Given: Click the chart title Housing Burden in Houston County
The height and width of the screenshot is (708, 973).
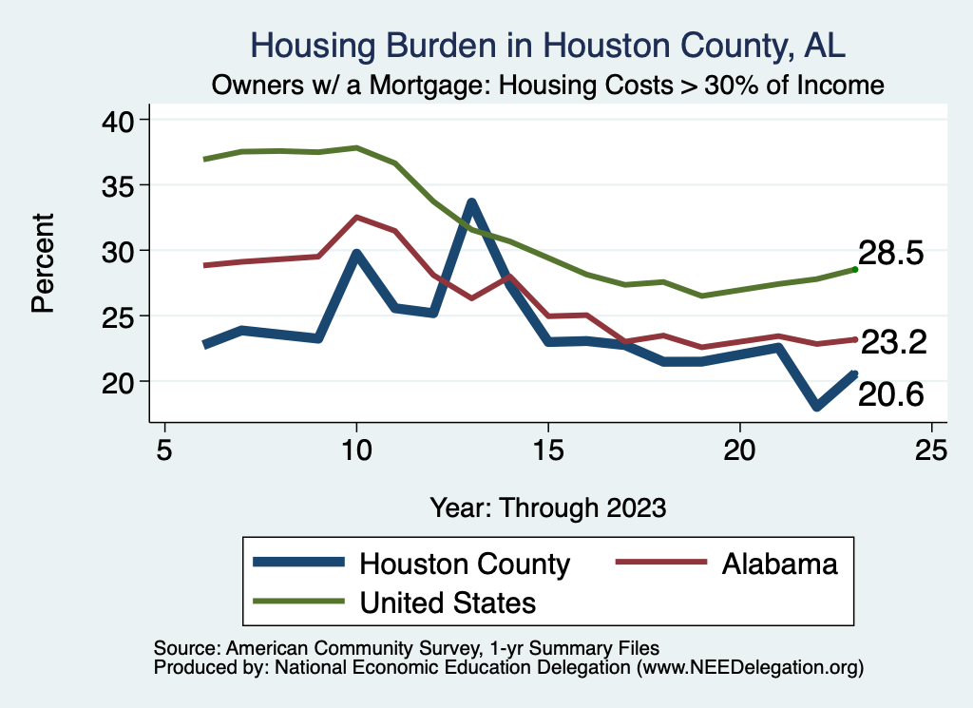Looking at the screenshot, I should pos(547,45).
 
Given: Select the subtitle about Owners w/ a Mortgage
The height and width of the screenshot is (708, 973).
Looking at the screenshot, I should pos(548,86).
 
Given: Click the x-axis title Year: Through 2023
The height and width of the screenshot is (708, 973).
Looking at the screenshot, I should pos(547,507).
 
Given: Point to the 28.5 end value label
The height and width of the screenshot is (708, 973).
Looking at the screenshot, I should pos(891,255).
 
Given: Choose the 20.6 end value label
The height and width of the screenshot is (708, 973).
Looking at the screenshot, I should pos(891,394).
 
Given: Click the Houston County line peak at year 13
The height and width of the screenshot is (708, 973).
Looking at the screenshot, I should pos(470,202).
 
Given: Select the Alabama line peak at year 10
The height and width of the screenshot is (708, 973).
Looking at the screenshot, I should pos(356,217).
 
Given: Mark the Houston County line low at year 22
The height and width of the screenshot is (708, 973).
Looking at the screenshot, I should pos(815,407).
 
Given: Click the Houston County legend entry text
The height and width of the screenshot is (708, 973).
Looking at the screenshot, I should pos(464,564).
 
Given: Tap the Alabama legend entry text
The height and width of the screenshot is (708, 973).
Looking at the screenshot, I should pos(780,564).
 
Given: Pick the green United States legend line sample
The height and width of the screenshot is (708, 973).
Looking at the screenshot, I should pos(297,603).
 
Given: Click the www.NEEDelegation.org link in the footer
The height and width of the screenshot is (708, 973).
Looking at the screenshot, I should pos(750,668).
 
